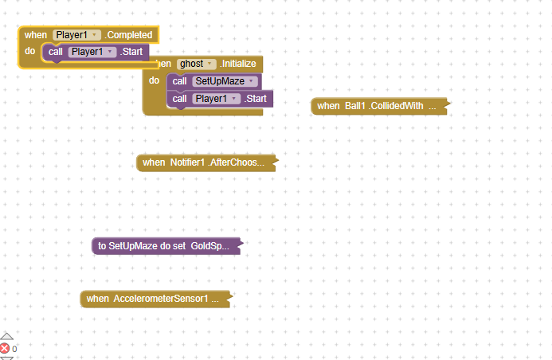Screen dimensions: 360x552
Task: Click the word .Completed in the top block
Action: click(129, 35)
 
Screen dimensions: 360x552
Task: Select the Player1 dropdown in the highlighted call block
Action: click(92, 52)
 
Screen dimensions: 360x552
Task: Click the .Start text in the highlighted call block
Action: click(131, 52)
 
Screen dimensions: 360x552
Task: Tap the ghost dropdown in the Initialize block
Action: click(197, 64)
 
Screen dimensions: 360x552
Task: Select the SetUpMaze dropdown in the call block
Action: click(226, 81)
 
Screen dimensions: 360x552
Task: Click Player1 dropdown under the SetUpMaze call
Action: click(217, 99)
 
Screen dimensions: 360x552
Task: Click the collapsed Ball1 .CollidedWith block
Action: click(377, 106)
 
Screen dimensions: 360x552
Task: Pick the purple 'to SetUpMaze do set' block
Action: click(163, 246)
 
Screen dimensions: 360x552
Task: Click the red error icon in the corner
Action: click(5, 349)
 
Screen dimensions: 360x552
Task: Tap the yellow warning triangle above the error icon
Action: click(6, 337)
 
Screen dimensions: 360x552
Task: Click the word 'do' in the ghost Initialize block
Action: click(155, 80)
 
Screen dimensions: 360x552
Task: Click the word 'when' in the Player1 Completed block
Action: click(36, 35)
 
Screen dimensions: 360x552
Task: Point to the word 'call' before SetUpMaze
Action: click(180, 81)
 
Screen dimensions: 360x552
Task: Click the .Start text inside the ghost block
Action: click(256, 99)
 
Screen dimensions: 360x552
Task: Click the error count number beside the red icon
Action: click(14, 349)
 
